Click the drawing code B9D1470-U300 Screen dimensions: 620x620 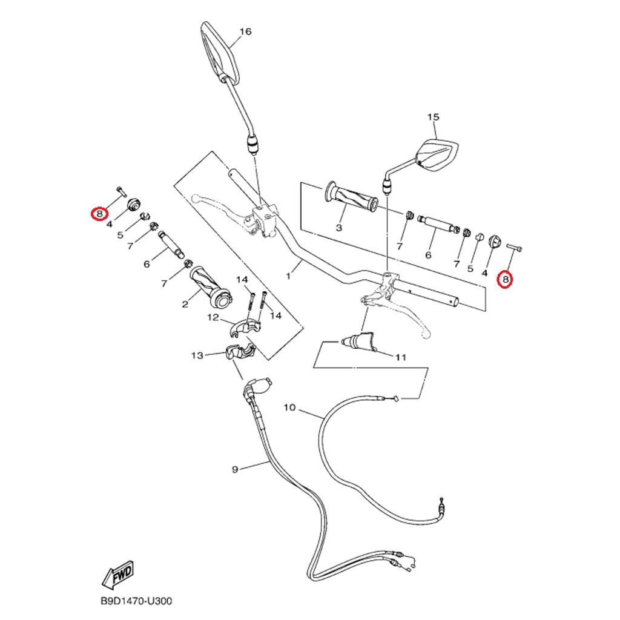click(136, 602)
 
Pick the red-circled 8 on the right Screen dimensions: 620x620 click(505, 279)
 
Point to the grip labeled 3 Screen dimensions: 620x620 click(352, 198)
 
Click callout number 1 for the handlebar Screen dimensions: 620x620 click(289, 275)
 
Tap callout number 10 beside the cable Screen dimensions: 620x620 click(289, 407)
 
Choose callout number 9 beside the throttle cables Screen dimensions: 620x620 click(236, 469)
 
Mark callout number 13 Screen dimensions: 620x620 click(197, 355)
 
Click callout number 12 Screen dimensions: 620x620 click(213, 317)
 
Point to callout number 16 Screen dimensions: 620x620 click(245, 31)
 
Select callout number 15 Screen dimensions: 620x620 click(433, 117)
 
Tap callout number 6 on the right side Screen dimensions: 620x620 click(428, 256)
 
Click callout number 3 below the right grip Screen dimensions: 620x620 click(338, 228)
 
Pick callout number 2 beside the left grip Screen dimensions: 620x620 click(185, 305)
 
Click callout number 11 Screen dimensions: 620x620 click(400, 357)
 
